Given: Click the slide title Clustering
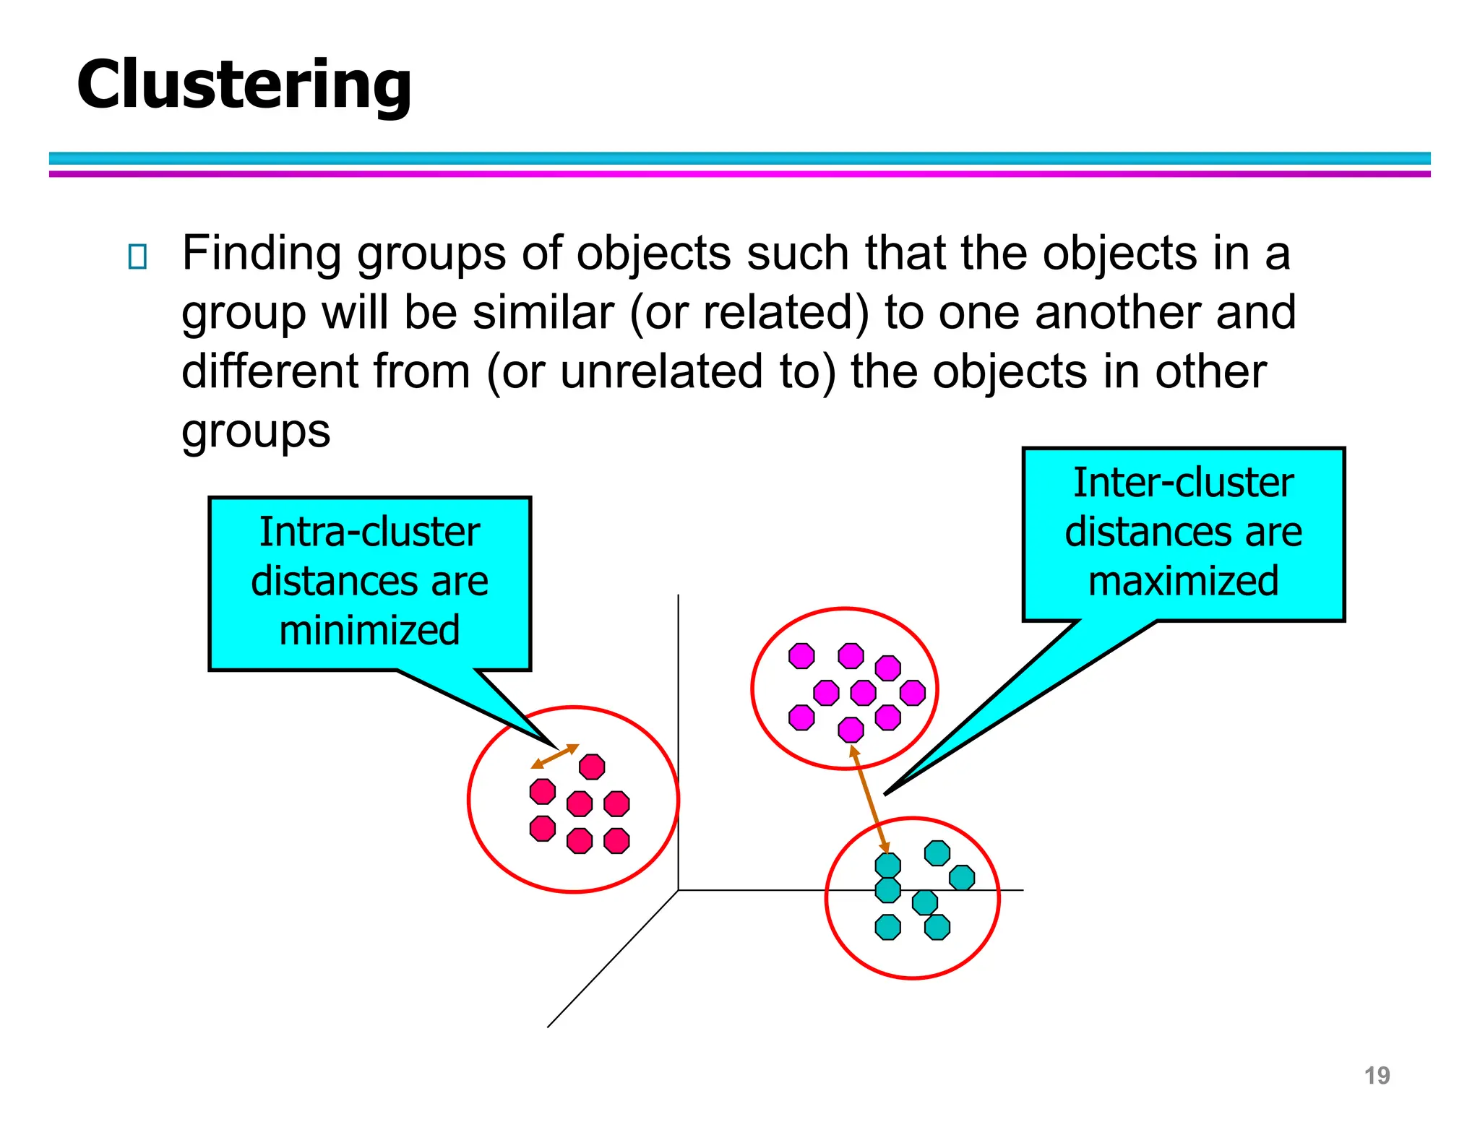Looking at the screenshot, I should point(244,85).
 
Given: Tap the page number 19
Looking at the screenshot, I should point(1377,1075).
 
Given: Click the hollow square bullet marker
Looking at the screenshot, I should point(137,256).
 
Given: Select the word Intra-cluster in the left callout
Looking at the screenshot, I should point(369,532).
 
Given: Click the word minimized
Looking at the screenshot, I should point(369,630).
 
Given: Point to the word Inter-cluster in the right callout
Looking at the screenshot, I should point(1183,483).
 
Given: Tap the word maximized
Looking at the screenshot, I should point(1183,581).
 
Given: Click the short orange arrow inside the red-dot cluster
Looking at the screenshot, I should point(555,756).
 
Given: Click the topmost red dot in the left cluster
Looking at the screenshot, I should point(592,767).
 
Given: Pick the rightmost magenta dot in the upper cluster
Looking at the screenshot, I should point(913,692).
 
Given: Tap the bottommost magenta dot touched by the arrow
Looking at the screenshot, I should point(851,730).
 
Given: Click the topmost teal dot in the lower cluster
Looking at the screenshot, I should point(937,853).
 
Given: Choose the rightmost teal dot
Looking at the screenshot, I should point(962,878).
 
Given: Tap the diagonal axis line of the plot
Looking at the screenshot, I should point(613,959).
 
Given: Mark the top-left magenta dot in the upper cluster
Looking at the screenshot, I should point(801,656).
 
